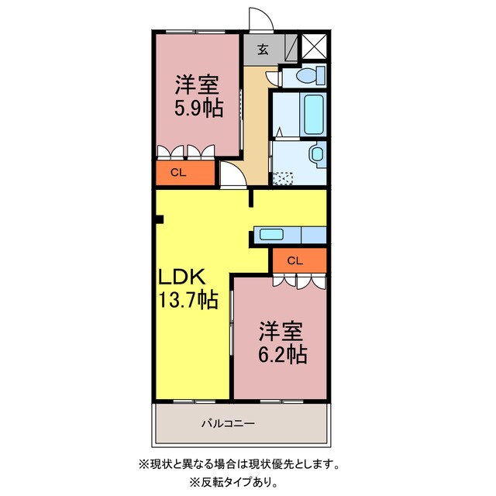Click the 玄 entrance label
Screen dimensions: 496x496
pos(263,50)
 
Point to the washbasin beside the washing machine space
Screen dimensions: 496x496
pos(316,153)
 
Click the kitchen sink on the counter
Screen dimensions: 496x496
pos(272,235)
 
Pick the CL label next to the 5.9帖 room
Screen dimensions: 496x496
pos(178,173)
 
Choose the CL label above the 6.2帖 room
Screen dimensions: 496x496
pos(294,260)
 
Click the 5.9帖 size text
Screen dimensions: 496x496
pos(198,109)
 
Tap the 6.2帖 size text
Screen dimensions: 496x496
pos(283,355)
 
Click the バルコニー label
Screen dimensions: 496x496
pos(229,423)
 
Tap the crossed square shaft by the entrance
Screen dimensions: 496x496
pos(315,46)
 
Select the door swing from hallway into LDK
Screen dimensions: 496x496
pos(231,174)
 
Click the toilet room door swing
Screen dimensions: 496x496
pos(273,77)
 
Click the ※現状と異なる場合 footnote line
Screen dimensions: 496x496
pos(239,464)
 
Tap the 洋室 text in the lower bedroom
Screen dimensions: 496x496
pos(281,331)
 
